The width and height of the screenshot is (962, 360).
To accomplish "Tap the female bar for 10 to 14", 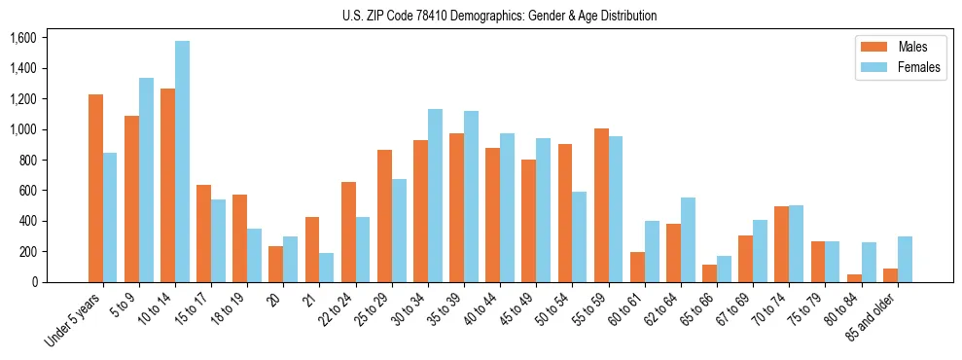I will pos(183,162).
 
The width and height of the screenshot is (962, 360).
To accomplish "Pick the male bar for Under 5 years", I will pos(95,188).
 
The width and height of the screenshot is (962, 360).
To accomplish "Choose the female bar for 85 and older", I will pos(905,259).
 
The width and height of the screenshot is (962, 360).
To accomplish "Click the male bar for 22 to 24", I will pos(348,232).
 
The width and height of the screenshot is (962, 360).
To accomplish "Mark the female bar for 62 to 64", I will pos(689,239).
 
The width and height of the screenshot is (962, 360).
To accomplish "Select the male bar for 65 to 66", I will pos(710,273).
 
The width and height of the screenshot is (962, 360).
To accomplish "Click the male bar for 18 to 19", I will pos(240,238).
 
